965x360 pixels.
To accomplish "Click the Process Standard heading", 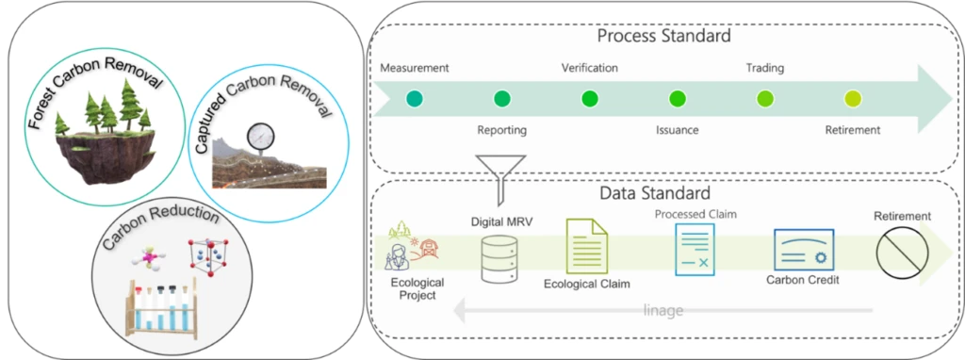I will [664, 37].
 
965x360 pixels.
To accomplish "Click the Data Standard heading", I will [663, 193].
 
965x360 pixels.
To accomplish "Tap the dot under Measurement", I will [414, 98].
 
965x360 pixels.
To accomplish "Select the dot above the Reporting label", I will [501, 98].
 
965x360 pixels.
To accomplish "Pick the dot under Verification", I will [589, 98].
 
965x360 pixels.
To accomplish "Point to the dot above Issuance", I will [677, 98].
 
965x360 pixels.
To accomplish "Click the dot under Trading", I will [764, 98].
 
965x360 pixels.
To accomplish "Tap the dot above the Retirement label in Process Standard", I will [852, 98].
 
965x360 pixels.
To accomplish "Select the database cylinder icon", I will [500, 258].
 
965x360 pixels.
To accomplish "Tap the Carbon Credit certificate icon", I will [803, 250].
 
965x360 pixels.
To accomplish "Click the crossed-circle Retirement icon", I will [901, 253].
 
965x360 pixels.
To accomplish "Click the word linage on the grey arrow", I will [663, 310].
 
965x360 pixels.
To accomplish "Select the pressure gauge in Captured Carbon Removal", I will [257, 138].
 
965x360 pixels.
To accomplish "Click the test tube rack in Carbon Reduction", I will [161, 303].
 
